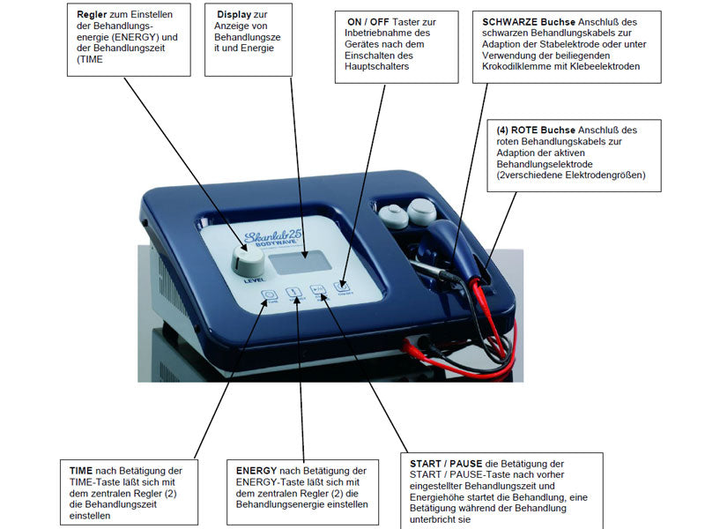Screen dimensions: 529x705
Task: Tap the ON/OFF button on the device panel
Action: click(342, 286)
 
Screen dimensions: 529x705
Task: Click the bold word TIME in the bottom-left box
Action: click(82, 471)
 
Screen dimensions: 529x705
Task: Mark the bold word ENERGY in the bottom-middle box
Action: click(255, 471)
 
